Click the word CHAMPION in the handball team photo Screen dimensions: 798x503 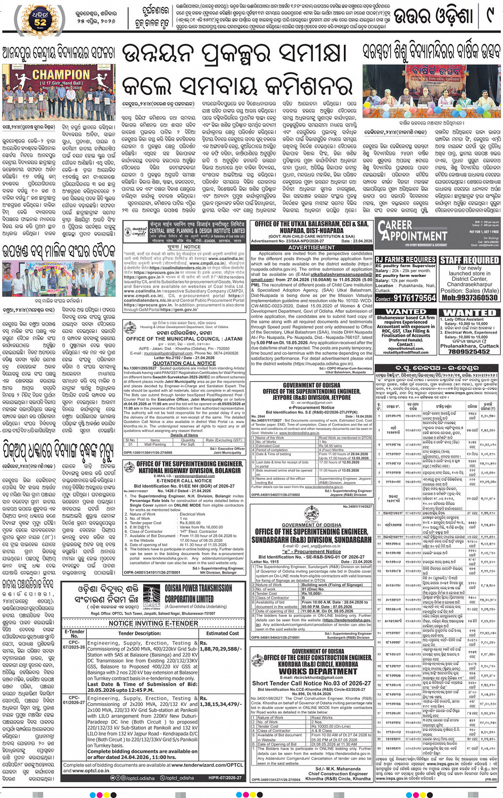point(62,75)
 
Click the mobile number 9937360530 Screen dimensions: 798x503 point(469,298)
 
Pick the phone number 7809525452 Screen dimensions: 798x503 point(469,352)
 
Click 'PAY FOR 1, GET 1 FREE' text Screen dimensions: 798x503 point(483,232)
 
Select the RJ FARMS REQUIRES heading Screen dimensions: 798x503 point(406,259)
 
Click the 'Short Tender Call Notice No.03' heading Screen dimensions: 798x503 point(311,683)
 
